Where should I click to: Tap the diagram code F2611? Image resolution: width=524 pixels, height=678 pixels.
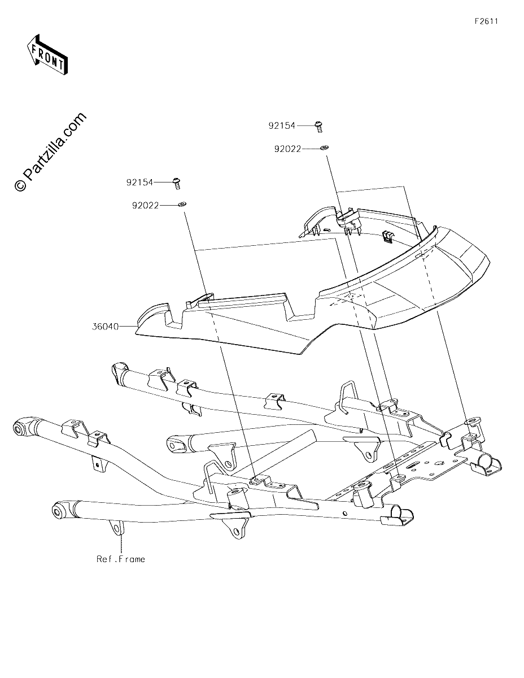[486, 21]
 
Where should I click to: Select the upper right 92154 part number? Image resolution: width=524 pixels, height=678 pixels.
[282, 125]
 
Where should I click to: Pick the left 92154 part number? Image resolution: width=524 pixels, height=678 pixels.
[139, 182]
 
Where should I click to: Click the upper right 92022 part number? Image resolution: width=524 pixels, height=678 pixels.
[287, 149]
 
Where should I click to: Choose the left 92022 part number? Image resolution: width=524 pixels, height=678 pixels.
[146, 206]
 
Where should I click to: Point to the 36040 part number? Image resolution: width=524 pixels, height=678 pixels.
[106, 327]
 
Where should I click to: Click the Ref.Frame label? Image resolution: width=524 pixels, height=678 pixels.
[121, 559]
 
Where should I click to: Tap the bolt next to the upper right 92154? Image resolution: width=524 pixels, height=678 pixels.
[318, 127]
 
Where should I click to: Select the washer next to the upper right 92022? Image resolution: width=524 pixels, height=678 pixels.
[324, 147]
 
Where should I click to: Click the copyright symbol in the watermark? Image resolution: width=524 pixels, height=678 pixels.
[20, 186]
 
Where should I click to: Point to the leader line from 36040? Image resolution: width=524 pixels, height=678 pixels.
[128, 327]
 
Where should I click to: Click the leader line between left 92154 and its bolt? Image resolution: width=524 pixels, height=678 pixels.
[163, 182]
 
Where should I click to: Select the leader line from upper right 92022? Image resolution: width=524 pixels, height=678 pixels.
[311, 149]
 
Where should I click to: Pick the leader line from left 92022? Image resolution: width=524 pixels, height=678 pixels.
[169, 206]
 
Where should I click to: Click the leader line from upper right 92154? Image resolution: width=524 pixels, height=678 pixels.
[305, 125]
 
